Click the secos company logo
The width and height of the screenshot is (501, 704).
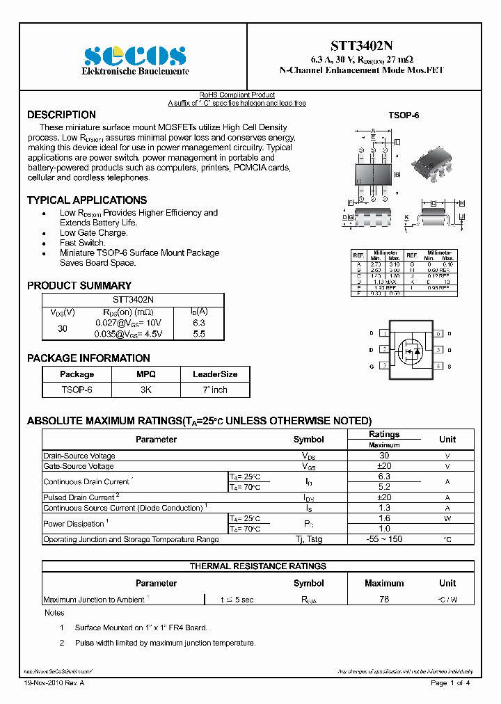(135, 55)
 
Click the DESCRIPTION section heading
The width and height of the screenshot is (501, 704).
(61, 115)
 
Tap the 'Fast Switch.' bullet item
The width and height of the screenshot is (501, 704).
(83, 243)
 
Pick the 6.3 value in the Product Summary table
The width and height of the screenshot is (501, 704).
(199, 323)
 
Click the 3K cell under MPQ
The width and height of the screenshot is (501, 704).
(145, 390)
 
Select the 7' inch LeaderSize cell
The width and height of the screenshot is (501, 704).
(215, 390)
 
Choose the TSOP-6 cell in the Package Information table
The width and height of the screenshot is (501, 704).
(77, 390)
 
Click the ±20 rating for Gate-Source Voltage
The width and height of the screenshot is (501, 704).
(384, 466)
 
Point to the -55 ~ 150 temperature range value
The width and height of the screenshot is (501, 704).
(384, 539)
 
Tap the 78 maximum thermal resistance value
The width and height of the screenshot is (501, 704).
(384, 599)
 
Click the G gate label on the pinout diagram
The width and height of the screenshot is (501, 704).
(372, 366)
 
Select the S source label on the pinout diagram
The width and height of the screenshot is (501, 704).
(450, 366)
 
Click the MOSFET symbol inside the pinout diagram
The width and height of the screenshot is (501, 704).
(411, 350)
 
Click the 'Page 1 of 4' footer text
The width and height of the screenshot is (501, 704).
(450, 683)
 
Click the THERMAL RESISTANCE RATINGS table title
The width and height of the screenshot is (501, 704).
(258, 566)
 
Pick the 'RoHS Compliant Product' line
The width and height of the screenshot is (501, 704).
(237, 95)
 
